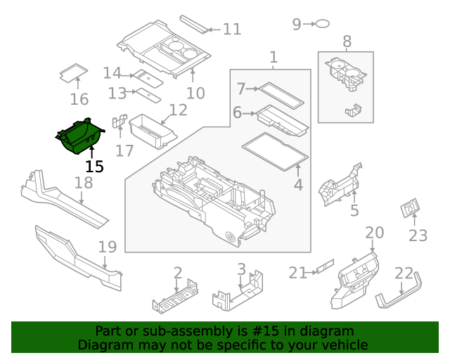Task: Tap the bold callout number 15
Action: pyautogui.click(x=94, y=167)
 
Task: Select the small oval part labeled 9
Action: pyautogui.click(x=321, y=24)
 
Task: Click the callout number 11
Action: pyautogui.click(x=232, y=30)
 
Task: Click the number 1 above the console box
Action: pyautogui.click(x=274, y=57)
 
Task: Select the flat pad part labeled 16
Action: pyautogui.click(x=72, y=72)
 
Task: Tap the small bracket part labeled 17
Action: pyautogui.click(x=119, y=122)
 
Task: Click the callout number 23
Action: pyautogui.click(x=418, y=236)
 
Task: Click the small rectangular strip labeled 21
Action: pyautogui.click(x=323, y=267)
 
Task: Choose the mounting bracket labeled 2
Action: pyautogui.click(x=176, y=297)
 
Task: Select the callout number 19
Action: pyautogui.click(x=107, y=247)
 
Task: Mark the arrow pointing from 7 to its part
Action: pyautogui.click(x=252, y=89)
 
